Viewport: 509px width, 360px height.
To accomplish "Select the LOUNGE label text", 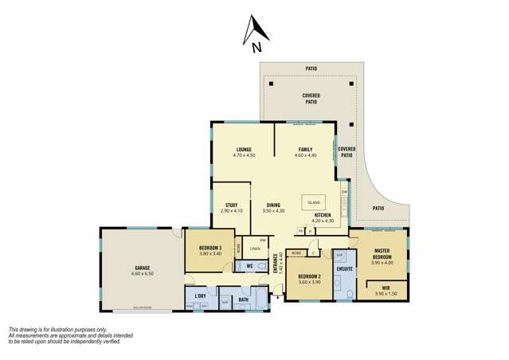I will (x=244, y=149).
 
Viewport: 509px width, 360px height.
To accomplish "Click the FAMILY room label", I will (x=305, y=149).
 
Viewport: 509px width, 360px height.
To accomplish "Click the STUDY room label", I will (x=232, y=205).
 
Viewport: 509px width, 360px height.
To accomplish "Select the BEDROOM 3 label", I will (x=210, y=247).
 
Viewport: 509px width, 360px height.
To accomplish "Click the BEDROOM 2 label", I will (x=308, y=276).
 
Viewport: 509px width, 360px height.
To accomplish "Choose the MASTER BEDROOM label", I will (x=382, y=253).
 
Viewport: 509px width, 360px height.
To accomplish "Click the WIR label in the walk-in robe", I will (x=386, y=288).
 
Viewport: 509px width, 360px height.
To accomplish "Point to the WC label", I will (x=249, y=264).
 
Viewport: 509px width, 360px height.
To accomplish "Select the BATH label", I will (x=243, y=299).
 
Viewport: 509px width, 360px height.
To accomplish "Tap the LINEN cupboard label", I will (x=255, y=249).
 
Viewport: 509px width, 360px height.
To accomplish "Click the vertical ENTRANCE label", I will (x=276, y=263).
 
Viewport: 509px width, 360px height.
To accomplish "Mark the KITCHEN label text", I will (x=323, y=215).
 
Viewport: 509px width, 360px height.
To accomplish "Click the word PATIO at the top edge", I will (x=311, y=68).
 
